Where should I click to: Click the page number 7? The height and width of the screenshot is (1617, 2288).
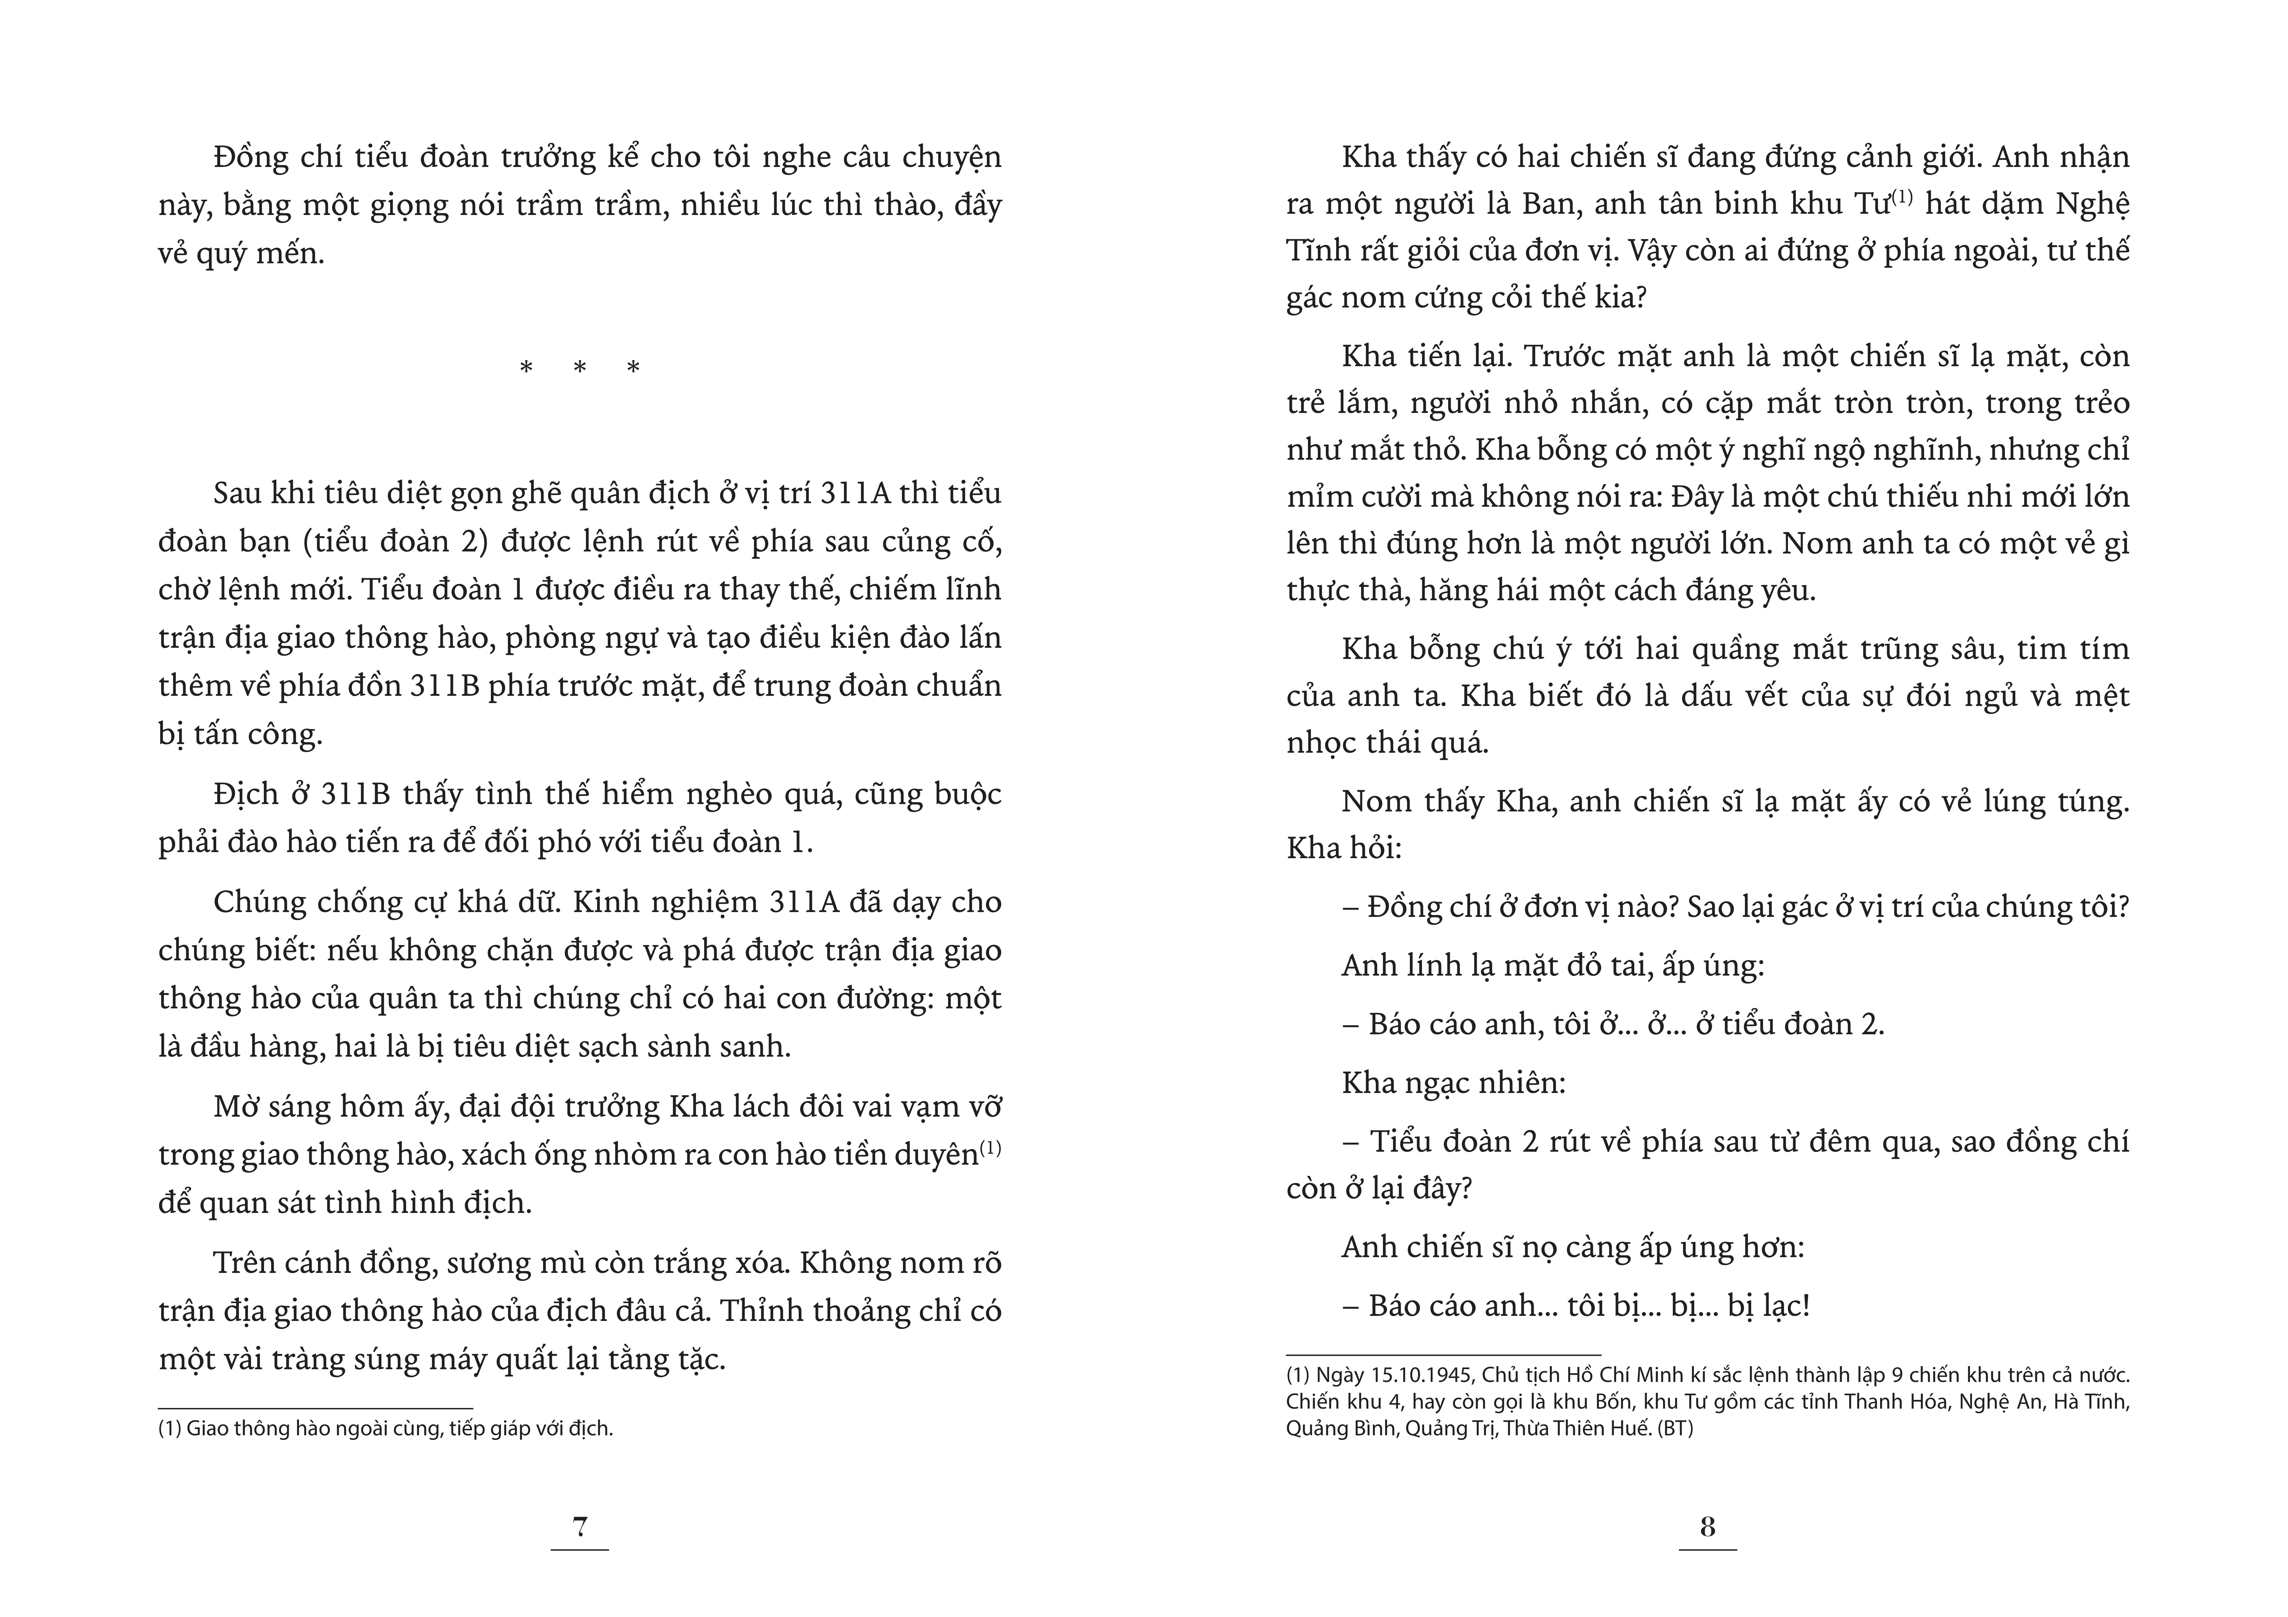click(580, 1526)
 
